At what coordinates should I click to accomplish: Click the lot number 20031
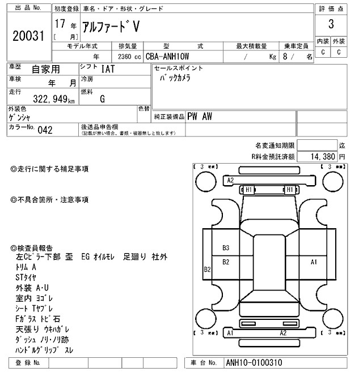(28, 35)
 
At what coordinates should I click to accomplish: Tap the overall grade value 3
(331, 24)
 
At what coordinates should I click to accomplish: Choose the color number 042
(45, 130)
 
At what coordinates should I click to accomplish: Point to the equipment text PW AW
(200, 116)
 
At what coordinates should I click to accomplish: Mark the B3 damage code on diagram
(226, 247)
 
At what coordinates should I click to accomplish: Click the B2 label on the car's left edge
(208, 269)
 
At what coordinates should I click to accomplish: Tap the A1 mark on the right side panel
(313, 262)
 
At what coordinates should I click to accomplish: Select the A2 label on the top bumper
(230, 180)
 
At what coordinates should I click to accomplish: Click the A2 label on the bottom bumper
(282, 333)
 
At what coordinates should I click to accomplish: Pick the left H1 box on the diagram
(249, 190)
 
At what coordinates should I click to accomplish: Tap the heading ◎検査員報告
(32, 248)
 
